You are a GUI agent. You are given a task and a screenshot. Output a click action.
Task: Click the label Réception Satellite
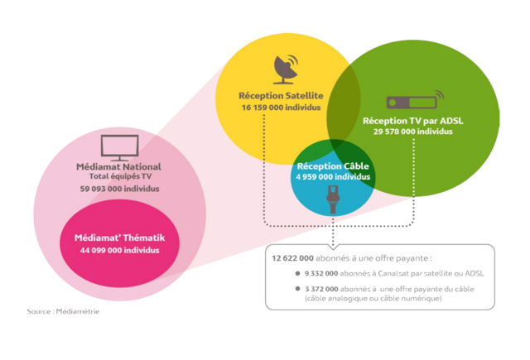pos(281,97)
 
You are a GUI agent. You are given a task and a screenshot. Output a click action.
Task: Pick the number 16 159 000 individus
pos(281,108)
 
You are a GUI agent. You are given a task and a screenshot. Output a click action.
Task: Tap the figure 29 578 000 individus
pos(412,132)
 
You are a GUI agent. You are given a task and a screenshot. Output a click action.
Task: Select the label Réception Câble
pos(333,166)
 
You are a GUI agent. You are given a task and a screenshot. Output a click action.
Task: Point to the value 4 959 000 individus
pos(333,176)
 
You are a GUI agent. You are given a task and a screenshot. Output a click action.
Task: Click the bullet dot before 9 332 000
pos(297,272)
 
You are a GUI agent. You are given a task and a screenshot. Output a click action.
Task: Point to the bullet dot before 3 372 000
pos(297,288)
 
